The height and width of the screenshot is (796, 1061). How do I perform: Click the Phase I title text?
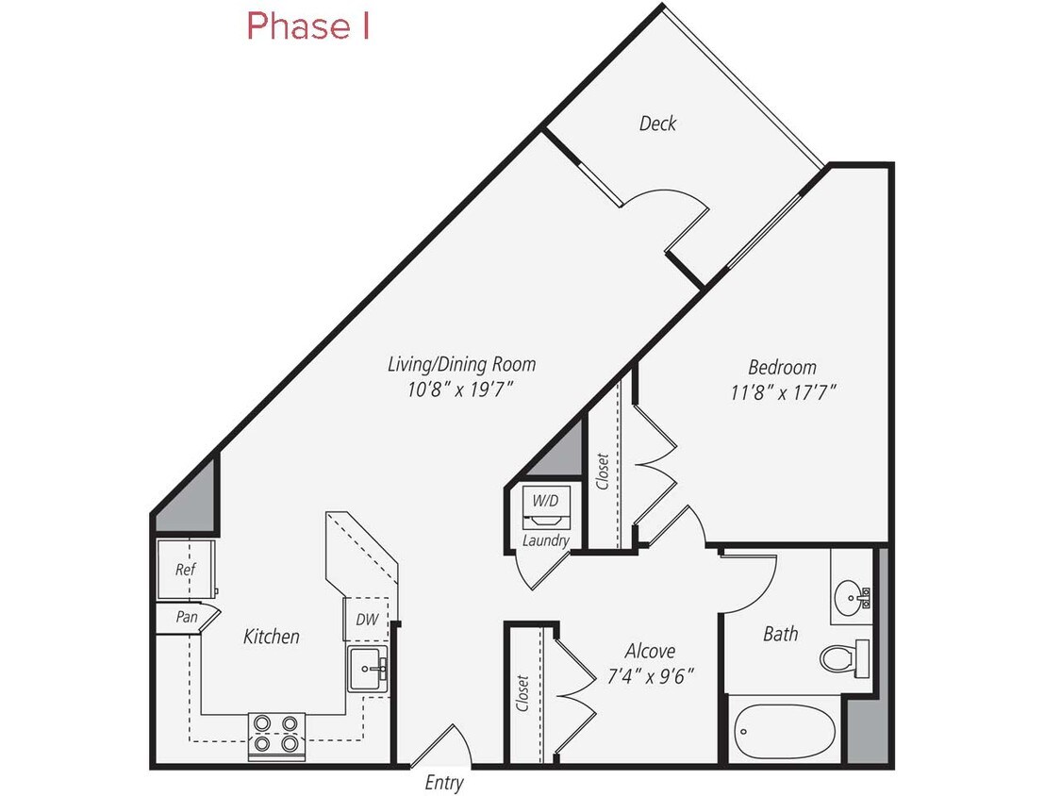[x=307, y=26]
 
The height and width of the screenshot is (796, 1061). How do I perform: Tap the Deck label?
[x=657, y=124]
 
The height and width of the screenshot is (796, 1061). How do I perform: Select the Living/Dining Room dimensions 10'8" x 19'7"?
[x=462, y=390]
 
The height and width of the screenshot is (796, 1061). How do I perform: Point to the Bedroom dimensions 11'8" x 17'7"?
[x=782, y=391]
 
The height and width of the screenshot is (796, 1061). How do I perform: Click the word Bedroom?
[x=782, y=367]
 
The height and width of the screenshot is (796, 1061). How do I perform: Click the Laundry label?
[x=546, y=540]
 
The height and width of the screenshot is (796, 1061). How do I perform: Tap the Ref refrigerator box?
[x=185, y=570]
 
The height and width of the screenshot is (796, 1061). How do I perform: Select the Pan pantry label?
[x=186, y=618]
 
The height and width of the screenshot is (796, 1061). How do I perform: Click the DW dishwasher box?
[x=366, y=621]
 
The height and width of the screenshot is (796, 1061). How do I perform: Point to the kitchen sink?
[x=368, y=669]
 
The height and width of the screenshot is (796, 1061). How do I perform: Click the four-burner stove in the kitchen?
[x=277, y=734]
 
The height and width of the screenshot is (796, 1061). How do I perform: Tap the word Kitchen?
[x=272, y=637]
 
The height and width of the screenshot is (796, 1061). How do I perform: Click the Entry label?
[x=444, y=782]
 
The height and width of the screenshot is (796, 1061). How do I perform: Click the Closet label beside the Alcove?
[x=522, y=692]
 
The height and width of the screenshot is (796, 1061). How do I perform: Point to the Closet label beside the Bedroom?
[x=602, y=472]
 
